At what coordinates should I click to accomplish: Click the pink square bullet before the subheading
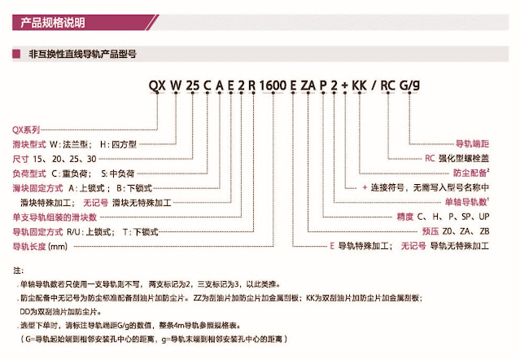coord(16,55)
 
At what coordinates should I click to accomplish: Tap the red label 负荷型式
coord(29,173)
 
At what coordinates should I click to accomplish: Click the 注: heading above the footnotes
coord(19,269)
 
